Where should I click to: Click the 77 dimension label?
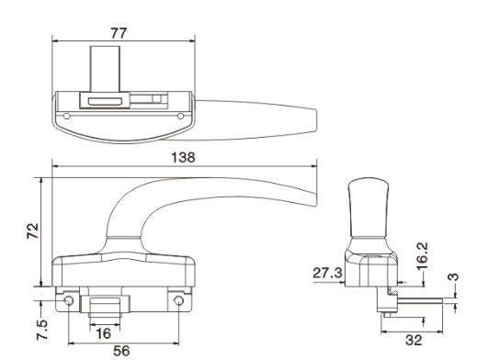pyautogui.click(x=119, y=33)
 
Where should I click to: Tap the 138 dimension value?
pyautogui.click(x=183, y=157)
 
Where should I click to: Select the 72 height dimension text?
pyautogui.click(x=33, y=231)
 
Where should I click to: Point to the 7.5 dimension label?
pyautogui.click(x=42, y=330)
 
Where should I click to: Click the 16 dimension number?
pyautogui.click(x=103, y=333)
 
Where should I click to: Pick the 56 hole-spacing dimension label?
pyautogui.click(x=121, y=351)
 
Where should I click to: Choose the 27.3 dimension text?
pyautogui.click(x=327, y=273)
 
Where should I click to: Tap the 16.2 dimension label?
pyautogui.click(x=423, y=256)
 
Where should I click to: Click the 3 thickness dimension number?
pyautogui.click(x=455, y=276)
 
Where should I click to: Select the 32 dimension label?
pyautogui.click(x=414, y=340)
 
